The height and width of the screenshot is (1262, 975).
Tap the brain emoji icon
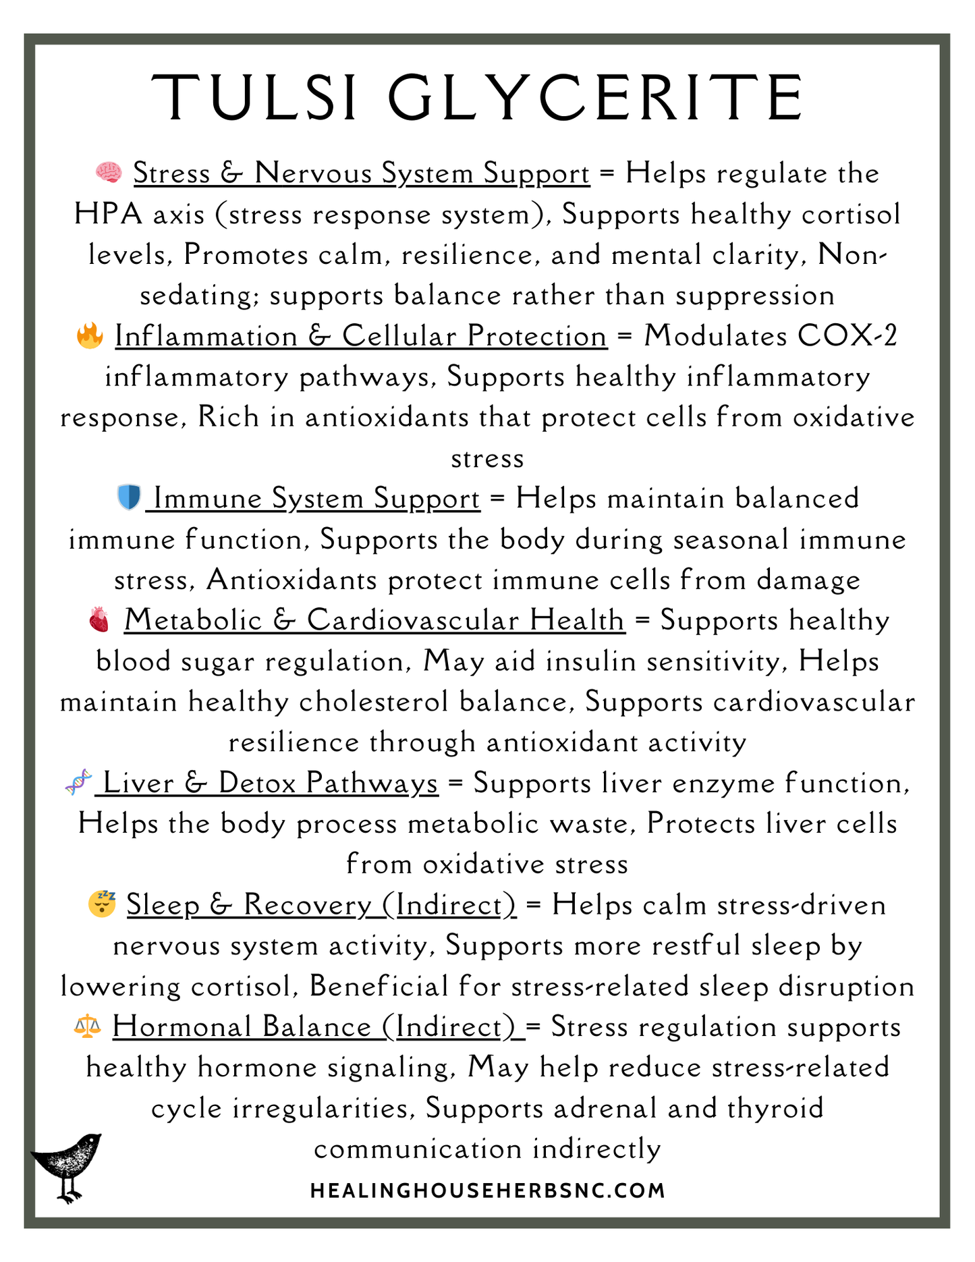[x=109, y=173]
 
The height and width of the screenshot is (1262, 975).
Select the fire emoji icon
[x=90, y=335]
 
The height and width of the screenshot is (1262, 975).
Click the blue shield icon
[x=128, y=498]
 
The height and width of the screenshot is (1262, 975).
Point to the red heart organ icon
[x=99, y=620]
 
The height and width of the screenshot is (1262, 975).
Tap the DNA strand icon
[x=79, y=782]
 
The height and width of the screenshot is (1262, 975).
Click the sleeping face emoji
[x=102, y=904]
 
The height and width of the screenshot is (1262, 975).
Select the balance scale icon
[x=87, y=1026]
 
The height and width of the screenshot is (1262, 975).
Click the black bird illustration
[x=67, y=1166]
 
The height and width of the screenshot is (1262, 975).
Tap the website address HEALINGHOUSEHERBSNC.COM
[x=487, y=1190]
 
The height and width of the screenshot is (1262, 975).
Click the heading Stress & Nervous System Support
[x=362, y=173]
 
